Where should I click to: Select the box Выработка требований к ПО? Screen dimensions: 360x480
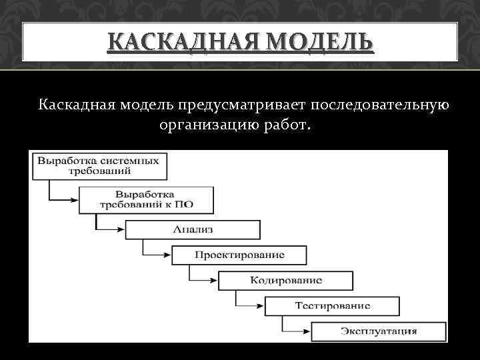coord(147,198)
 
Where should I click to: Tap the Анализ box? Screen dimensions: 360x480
coord(193,229)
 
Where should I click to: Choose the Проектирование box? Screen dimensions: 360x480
coord(239,255)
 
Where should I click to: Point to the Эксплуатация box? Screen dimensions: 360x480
coord(379,331)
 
